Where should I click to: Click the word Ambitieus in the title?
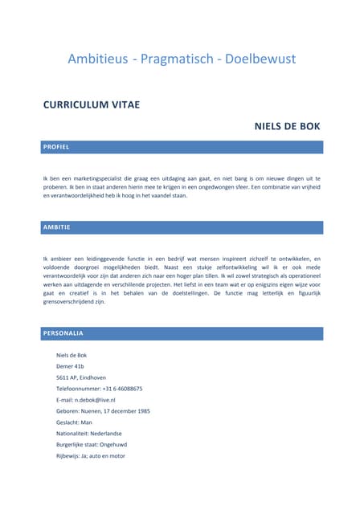[97, 59]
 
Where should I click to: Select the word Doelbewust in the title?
[260, 59]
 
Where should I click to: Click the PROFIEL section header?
[56, 147]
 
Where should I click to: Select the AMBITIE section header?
[57, 227]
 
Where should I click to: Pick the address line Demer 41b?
[70, 366]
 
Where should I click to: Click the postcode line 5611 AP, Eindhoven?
[80, 377]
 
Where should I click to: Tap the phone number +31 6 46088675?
[122, 389]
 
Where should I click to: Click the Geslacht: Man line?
[74, 422]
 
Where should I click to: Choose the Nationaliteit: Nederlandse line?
[88, 434]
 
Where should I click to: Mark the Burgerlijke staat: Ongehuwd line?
[92, 445]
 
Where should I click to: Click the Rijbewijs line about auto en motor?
[91, 456]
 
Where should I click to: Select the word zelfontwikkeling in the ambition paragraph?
[208, 267]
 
